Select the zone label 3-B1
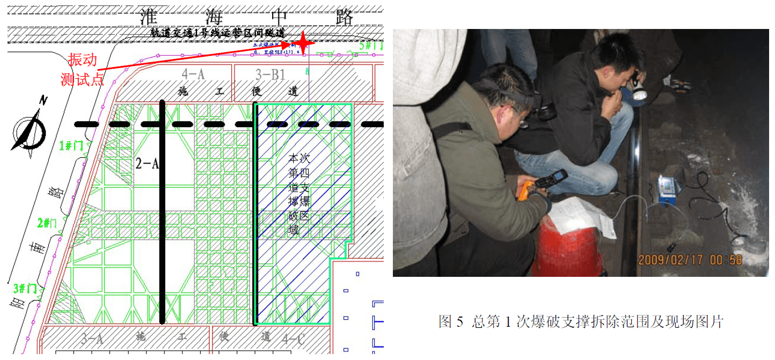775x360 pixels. point(269,74)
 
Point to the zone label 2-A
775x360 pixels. point(147,163)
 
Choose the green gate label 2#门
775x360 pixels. point(47,222)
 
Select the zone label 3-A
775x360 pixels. point(92,339)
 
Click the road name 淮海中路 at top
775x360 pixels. point(246,17)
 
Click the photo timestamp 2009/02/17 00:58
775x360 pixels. point(690,260)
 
